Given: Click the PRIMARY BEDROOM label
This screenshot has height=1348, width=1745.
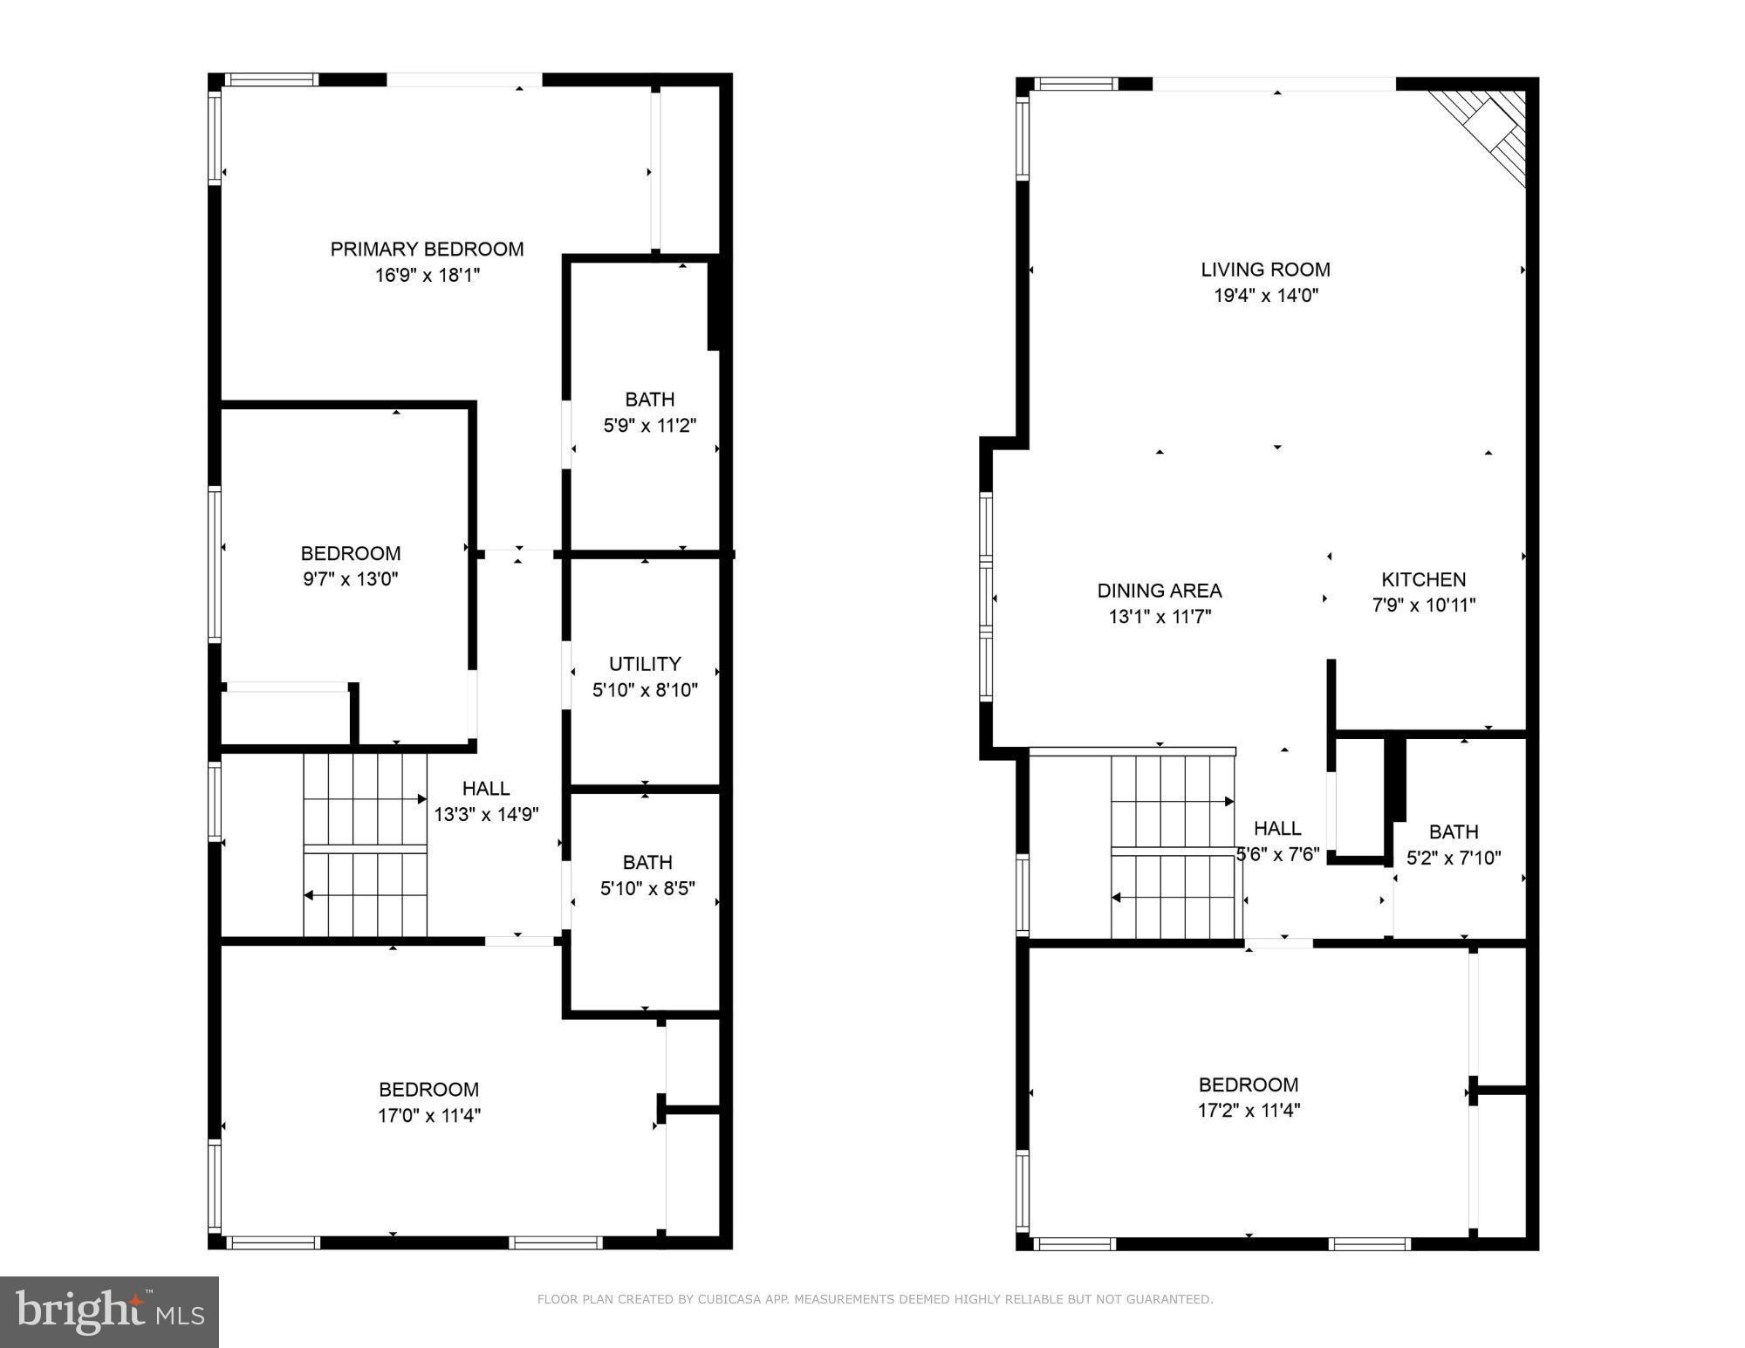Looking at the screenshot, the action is coord(427,250).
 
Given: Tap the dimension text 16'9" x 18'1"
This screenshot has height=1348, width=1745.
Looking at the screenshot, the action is coord(428,276).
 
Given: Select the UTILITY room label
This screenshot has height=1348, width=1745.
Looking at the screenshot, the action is coord(645,664).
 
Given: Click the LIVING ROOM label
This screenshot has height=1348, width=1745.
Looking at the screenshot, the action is coord(1265,270).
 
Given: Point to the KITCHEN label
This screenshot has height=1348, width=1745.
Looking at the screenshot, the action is coord(1423,579).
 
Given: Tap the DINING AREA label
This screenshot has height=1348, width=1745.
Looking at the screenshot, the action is coord(1160,591).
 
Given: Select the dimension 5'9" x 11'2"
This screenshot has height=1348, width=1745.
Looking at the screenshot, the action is coord(650,426).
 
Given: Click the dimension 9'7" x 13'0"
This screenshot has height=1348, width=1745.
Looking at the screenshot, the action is coord(351,578).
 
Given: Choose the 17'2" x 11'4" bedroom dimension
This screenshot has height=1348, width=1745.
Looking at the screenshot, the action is coord(1249,1111).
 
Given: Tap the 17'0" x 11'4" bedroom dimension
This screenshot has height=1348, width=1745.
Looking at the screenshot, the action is coord(428,1115).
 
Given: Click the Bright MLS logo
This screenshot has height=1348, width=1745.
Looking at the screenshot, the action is coord(109,1312).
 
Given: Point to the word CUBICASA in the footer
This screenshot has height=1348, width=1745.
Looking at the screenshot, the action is coord(730,1299).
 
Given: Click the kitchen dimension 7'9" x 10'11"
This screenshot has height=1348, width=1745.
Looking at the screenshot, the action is coord(1424,605).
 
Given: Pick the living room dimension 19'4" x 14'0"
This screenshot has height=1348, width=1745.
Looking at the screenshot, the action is coord(1265,295).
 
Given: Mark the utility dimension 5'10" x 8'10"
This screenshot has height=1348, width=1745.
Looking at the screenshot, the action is coord(645,690).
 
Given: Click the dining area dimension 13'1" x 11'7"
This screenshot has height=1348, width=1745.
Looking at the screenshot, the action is coord(1160,617).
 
